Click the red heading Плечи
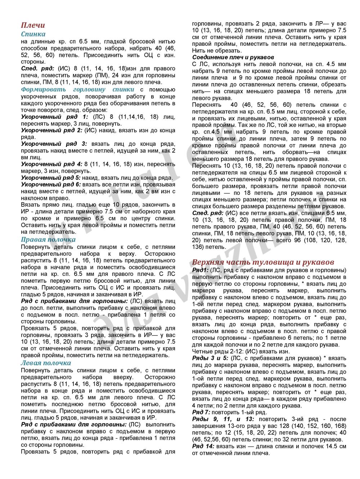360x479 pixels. coord(33,25)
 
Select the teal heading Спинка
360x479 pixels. coord(33,34)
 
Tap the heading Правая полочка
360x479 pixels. coord(48,239)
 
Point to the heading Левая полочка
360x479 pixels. coord(46,363)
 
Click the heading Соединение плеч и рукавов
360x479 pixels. coord(233,57)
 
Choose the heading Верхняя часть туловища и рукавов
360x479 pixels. coord(263,262)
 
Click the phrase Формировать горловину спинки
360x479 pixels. coord(77,89)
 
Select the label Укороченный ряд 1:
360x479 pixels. coord(54,117)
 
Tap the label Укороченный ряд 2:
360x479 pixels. coord(51,130)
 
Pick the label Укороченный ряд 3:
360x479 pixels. coord(54,144)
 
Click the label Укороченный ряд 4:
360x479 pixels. coord(51,164)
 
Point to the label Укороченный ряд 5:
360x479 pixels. coord(51,178)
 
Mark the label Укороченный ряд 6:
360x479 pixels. coord(51,184)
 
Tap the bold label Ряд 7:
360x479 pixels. coord(201,412)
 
